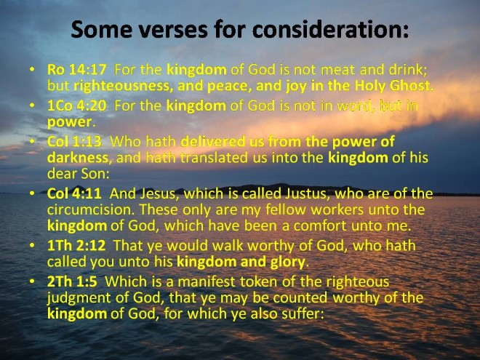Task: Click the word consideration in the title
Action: tap(330, 29)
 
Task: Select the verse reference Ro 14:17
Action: tap(77, 70)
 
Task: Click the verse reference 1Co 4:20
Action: tap(77, 105)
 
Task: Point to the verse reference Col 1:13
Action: tap(74, 141)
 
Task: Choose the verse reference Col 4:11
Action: tap(74, 193)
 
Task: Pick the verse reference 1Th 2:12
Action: tap(76, 246)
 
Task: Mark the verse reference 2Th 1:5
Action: tap(72, 281)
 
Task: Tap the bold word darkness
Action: tap(78, 158)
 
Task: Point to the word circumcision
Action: tap(91, 209)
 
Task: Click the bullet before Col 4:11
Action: tap(32, 193)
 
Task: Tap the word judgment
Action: tap(79, 298)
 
